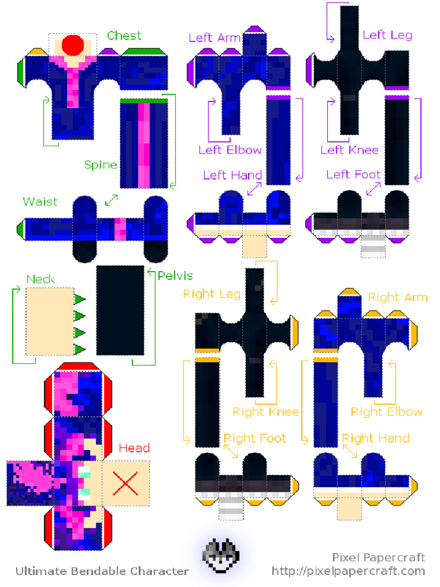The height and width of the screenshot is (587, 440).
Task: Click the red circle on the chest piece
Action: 73,45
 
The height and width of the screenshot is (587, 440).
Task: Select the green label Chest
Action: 124,36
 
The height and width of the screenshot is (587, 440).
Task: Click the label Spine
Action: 101,165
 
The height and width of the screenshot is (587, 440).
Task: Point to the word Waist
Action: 40,202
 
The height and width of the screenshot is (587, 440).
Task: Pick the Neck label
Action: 41,279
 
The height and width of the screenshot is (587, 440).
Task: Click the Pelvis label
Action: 175,276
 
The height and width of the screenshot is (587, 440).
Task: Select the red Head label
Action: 134,448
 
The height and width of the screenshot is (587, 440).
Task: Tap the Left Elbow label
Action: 230,150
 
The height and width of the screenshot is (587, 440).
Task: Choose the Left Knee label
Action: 349,150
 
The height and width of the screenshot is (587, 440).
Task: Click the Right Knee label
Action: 265,412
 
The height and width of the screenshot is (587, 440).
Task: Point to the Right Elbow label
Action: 386,412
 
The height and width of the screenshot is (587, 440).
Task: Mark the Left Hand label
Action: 232,175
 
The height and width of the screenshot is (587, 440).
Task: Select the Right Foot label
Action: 254,439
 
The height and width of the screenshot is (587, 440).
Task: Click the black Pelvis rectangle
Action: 120,310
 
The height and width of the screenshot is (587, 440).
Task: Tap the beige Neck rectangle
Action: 49,321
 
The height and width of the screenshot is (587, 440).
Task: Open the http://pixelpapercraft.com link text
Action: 348,571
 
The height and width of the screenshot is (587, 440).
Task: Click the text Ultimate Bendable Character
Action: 102,571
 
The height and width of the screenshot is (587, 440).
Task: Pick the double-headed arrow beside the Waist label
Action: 112,200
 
